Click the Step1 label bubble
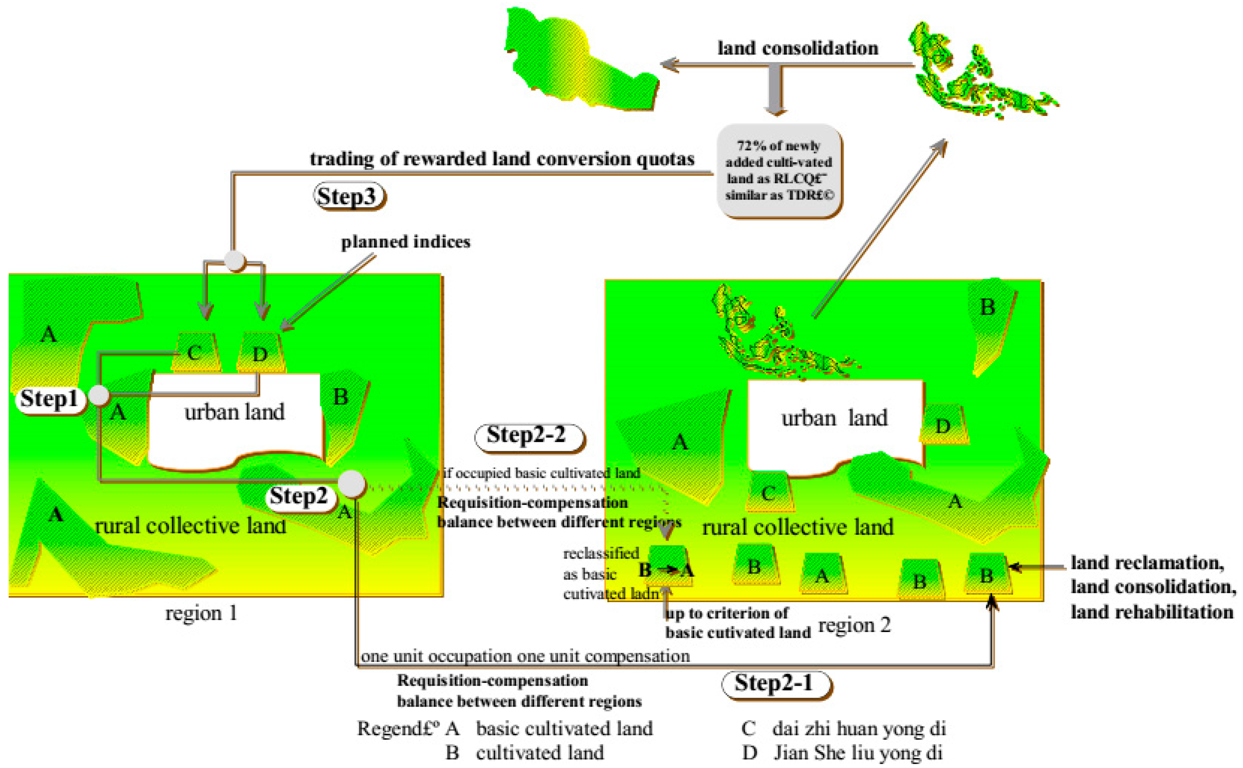click(x=49, y=399)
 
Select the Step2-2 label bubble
click(x=529, y=436)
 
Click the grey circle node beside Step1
click(x=99, y=395)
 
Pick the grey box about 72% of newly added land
click(x=779, y=171)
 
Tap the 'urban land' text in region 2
click(x=834, y=418)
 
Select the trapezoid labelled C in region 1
click(x=196, y=352)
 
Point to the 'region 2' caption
click(x=854, y=625)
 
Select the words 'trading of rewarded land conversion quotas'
click(x=502, y=159)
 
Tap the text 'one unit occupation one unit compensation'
click(x=525, y=656)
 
